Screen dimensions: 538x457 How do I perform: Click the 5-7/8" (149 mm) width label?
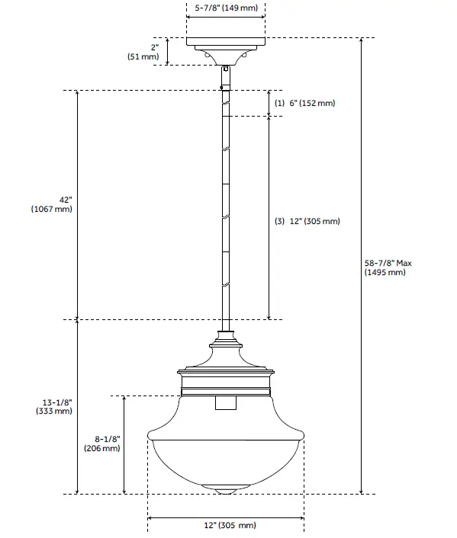(227, 8)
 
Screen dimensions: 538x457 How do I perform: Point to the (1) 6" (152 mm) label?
(304, 103)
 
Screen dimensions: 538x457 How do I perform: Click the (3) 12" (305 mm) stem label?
(307, 222)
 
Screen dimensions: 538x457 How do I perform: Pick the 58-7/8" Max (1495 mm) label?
(388, 267)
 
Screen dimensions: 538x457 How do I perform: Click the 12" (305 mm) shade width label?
(227, 526)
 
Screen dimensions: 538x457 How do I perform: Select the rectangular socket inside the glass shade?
(226, 403)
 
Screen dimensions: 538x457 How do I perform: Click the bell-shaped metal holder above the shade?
(226, 355)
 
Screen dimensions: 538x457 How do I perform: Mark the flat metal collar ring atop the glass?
(226, 373)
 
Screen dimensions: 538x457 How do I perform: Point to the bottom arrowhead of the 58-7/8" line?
(361, 491)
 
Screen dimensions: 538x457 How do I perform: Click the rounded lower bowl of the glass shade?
(226, 461)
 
